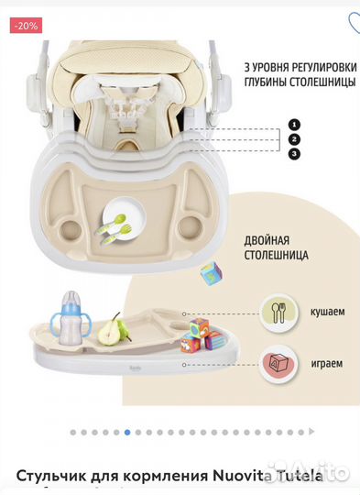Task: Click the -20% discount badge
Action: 26,26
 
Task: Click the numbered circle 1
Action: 293,124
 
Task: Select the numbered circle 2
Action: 293,138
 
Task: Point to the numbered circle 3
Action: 293,153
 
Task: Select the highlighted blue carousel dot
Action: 126,431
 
